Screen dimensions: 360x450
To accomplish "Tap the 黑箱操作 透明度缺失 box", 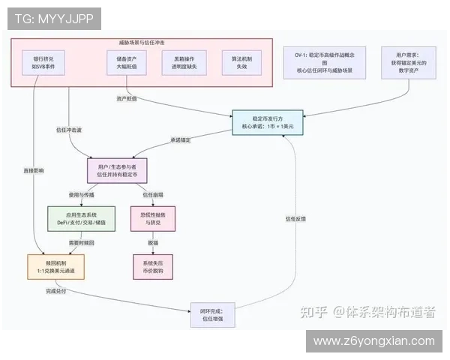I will click(179, 62).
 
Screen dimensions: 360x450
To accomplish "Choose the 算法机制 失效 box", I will click(241, 62).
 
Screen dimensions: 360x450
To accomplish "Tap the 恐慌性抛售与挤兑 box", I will click(152, 218).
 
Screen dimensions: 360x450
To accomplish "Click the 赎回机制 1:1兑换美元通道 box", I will click(51, 265).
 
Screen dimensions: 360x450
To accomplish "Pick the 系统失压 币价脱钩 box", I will click(152, 265).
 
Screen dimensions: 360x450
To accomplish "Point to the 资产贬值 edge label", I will click(126, 98).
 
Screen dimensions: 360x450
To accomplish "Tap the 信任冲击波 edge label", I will click(68, 130).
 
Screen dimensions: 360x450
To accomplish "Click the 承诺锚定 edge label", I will click(180, 139).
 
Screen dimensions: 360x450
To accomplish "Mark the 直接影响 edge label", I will click(34, 171).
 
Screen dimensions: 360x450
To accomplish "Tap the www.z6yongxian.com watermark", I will click(373, 341).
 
